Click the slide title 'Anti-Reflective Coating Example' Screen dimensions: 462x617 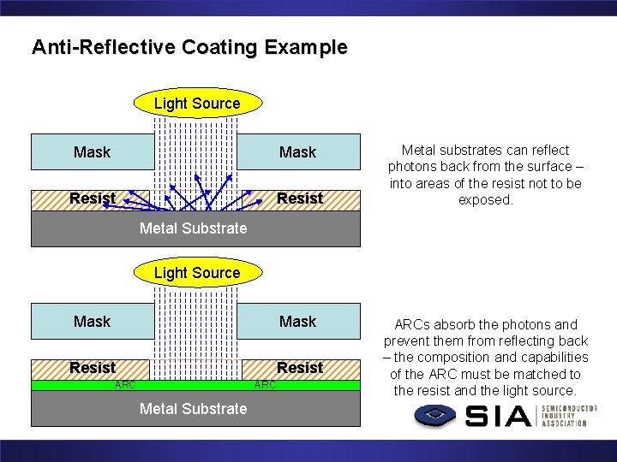point(189,47)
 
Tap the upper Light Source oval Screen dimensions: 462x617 point(197,104)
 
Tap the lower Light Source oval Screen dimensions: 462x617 point(197,273)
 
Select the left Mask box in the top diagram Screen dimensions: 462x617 point(93,152)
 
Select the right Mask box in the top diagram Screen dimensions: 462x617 point(298,152)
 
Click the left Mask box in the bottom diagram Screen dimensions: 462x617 point(93,322)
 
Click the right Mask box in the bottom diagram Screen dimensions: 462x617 point(298,322)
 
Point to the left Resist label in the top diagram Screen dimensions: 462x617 point(93,198)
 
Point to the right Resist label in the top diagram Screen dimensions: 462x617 point(300,198)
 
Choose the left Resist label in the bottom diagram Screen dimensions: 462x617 point(93,368)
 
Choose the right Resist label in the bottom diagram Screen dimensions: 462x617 point(300,368)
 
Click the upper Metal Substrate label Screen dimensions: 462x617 point(193,228)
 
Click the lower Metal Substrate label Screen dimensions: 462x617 point(193,408)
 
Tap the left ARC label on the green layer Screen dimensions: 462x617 point(125,385)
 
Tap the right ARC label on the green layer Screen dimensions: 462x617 point(266,385)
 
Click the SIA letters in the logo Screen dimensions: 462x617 point(500,417)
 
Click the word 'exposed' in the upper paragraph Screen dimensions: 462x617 point(485,199)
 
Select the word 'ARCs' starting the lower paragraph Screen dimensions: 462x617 point(413,325)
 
